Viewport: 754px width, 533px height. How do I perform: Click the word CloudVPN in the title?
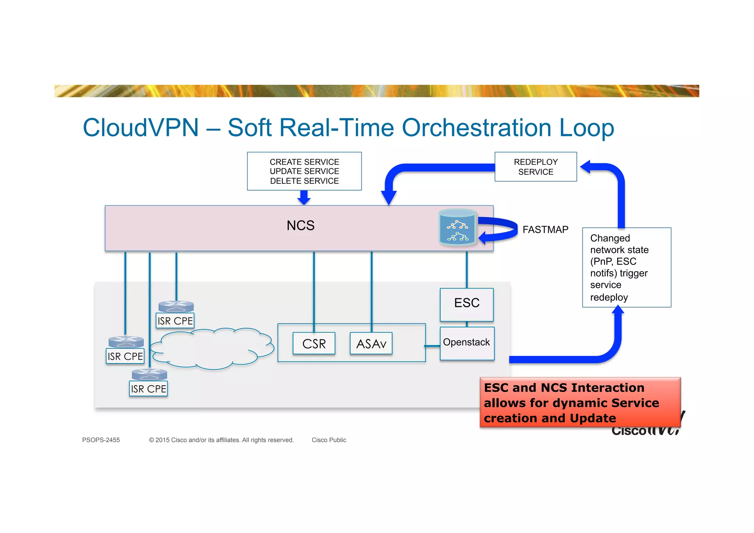coord(141,128)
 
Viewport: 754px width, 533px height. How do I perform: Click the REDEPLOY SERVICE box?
coord(535,167)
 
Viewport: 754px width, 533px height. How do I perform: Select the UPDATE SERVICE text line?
coord(304,171)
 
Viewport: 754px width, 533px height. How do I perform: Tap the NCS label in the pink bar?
coord(300,225)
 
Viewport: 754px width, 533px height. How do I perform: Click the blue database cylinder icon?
coord(457,227)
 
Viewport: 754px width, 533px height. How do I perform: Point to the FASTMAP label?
coord(545,230)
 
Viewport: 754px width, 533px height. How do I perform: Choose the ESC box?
coord(466,304)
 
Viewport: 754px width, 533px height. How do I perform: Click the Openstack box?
coord(466,343)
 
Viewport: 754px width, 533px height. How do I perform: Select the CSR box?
coord(314,344)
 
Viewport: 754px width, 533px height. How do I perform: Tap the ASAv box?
coord(371,344)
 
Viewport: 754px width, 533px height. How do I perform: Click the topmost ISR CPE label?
coord(175,321)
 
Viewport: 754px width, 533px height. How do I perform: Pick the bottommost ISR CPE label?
coord(148,389)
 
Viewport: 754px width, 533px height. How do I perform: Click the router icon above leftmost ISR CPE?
coord(126,342)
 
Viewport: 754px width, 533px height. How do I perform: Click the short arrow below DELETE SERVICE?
coord(304,198)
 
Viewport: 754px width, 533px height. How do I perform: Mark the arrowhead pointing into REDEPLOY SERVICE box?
coord(586,167)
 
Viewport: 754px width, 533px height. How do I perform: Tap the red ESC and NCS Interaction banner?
coord(580,403)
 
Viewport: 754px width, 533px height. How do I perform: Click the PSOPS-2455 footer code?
coord(101,440)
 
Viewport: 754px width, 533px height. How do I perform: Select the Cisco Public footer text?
coord(329,440)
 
